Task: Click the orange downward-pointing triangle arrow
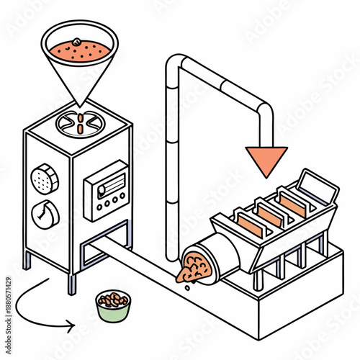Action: [x=266, y=158]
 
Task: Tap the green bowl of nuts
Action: [x=112, y=306]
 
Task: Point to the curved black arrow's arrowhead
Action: [x=70, y=327]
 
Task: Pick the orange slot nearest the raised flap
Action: [x=293, y=204]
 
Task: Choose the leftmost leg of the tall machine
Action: [x=27, y=259]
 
